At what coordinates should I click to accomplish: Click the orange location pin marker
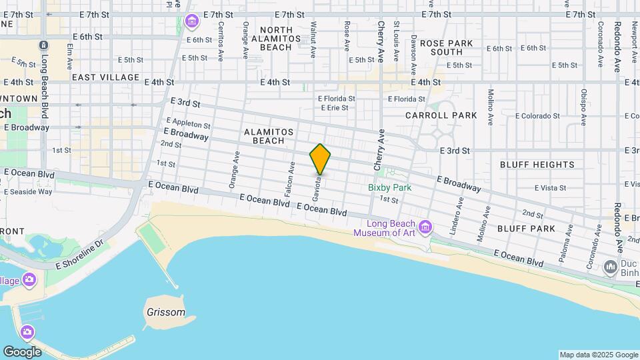click(320, 159)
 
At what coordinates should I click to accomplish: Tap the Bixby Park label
click(389, 187)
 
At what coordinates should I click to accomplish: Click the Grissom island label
click(165, 312)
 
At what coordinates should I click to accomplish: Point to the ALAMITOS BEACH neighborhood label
click(269, 136)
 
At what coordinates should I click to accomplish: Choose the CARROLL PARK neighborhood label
click(441, 115)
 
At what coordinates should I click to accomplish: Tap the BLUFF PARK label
click(526, 228)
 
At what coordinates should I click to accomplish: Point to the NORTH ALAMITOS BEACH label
click(285, 39)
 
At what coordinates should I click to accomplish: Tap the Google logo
click(22, 351)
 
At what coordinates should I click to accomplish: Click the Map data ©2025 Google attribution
click(598, 355)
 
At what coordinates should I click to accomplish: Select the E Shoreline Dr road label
click(81, 255)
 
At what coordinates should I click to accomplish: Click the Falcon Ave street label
click(291, 176)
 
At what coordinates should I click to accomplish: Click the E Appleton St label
click(191, 123)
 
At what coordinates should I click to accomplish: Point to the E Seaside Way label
click(28, 191)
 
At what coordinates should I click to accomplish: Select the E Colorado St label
click(539, 115)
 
